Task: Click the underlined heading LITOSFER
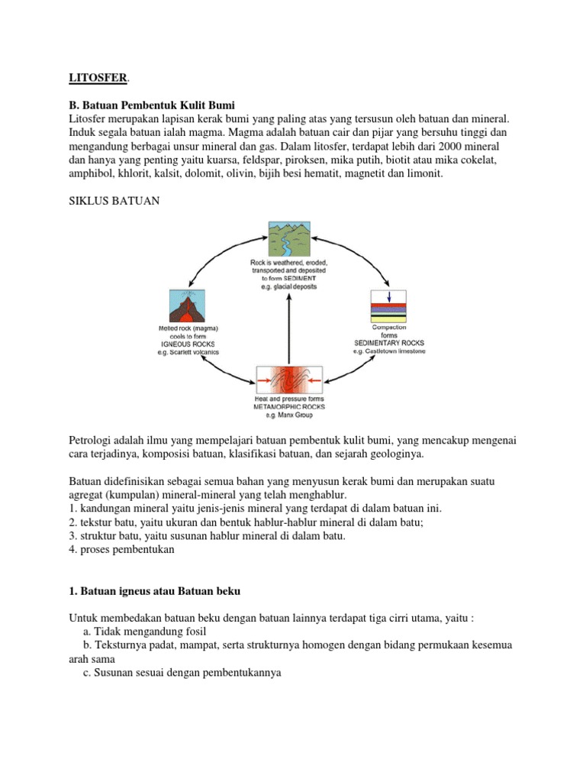[x=94, y=77]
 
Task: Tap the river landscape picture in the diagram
[x=288, y=239]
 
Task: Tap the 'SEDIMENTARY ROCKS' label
[x=388, y=344]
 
